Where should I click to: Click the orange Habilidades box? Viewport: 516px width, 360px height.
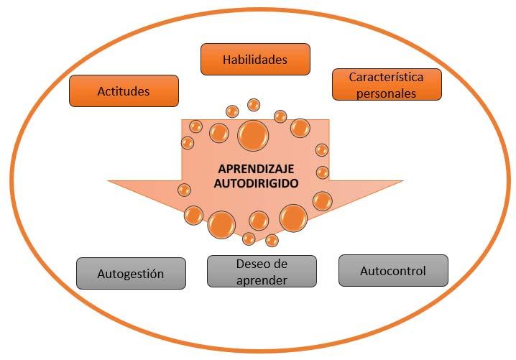tap(255, 59)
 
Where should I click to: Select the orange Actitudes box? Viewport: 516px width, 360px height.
tap(124, 91)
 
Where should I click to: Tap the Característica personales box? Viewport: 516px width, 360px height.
tap(387, 85)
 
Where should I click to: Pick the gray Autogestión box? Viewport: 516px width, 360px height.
tap(131, 274)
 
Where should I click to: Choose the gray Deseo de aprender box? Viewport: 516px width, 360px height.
tap(262, 272)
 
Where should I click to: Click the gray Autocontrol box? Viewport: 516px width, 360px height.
tap(394, 270)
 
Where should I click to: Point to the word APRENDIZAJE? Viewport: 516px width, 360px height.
tap(256, 169)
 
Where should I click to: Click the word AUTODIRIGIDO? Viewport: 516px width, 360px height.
tap(256, 183)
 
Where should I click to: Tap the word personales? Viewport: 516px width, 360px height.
tap(387, 93)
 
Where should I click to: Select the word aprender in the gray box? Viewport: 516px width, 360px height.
tap(262, 280)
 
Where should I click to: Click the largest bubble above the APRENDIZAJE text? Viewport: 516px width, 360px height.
tap(253, 136)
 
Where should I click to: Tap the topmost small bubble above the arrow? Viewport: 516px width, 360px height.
tap(254, 105)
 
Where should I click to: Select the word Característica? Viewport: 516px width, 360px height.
tap(387, 78)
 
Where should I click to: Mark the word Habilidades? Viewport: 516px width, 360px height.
tap(255, 60)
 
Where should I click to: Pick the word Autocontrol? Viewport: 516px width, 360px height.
tap(393, 271)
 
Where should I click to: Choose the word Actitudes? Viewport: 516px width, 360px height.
tap(124, 91)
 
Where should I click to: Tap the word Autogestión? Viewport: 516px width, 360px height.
tap(131, 274)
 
